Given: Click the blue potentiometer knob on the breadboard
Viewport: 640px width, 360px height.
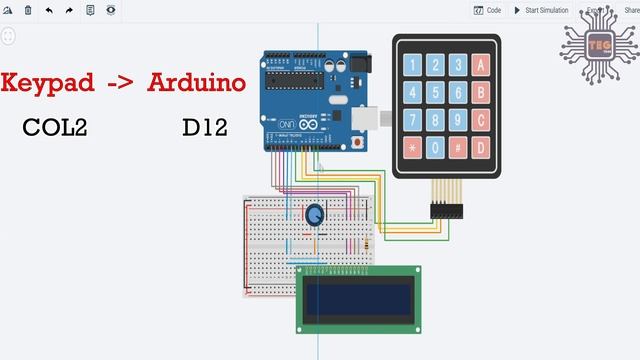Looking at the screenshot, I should click(314, 214).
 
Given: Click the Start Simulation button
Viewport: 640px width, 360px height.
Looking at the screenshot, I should click(541, 10).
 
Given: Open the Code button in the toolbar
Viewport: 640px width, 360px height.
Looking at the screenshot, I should click(488, 10).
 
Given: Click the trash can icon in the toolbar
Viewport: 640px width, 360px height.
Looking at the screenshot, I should click(28, 10).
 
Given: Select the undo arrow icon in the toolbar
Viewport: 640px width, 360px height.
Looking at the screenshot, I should click(49, 10).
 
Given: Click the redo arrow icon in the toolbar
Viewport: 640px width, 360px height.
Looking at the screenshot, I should click(69, 10).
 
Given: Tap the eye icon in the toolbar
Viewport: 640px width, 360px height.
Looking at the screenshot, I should click(111, 10).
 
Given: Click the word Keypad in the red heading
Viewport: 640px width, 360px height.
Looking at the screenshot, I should click(47, 84).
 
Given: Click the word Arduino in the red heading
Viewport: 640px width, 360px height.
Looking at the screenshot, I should click(197, 82).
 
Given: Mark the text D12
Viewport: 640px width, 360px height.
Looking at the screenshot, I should click(205, 128).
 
